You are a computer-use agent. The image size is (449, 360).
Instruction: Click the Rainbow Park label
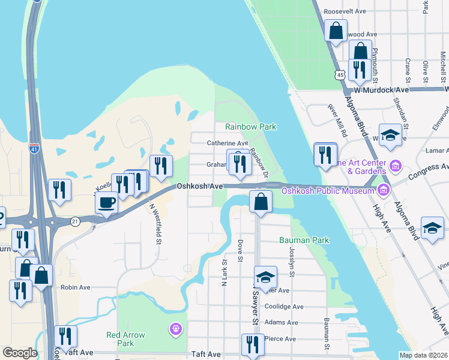coord(250,127)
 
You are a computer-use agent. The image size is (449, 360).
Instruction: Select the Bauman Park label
coord(304,240)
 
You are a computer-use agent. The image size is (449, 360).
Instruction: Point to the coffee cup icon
coord(106,202)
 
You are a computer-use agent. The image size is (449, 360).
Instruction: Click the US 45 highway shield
coord(340,74)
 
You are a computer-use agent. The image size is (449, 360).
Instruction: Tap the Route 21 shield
coord(75,221)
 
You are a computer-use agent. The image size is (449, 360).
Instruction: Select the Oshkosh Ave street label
coord(200,187)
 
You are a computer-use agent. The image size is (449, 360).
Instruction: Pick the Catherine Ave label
coord(228,143)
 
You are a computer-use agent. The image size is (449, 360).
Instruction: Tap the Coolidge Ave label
coord(284,307)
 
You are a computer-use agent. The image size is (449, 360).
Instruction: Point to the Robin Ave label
coord(75,287)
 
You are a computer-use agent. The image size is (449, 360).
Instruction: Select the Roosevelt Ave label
coord(345,11)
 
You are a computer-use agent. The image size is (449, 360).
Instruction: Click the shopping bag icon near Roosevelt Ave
coord(336,30)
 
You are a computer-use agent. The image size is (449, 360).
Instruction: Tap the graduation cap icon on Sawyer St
coord(265,277)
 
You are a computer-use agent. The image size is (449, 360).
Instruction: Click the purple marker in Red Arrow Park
coord(175,329)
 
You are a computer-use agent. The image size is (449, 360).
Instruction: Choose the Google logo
coord(20,353)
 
